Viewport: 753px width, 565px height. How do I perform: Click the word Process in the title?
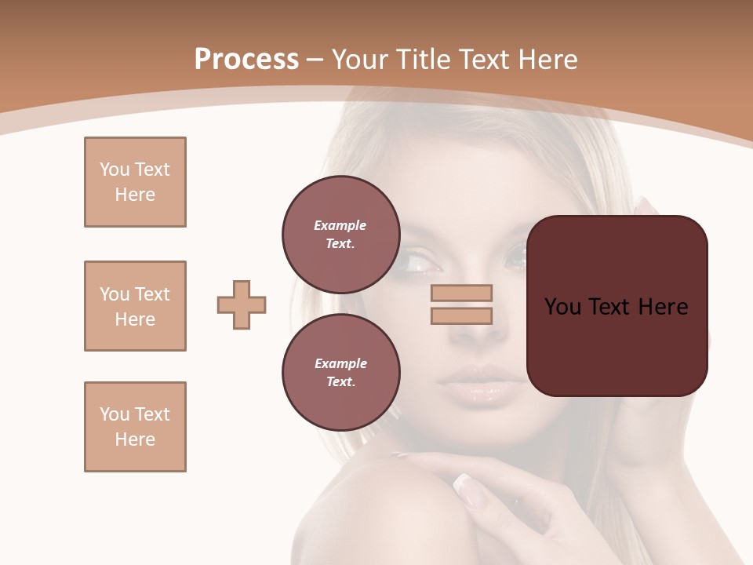pos(246,60)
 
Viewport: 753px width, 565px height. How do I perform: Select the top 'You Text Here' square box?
pos(135,182)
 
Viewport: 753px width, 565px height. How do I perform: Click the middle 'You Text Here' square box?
pos(135,306)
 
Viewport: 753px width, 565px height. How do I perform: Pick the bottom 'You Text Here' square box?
pos(135,427)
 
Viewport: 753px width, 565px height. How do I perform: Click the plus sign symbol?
pos(242,304)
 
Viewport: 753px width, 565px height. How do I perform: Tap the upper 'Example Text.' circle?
pos(340,234)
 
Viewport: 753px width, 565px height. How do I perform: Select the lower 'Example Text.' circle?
pos(340,372)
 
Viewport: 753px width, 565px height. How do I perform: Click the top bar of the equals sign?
pos(462,293)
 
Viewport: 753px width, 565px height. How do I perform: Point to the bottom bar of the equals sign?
pos(462,315)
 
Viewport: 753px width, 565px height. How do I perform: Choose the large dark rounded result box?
pos(617,306)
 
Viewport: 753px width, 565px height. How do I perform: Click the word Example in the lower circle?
pos(340,363)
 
